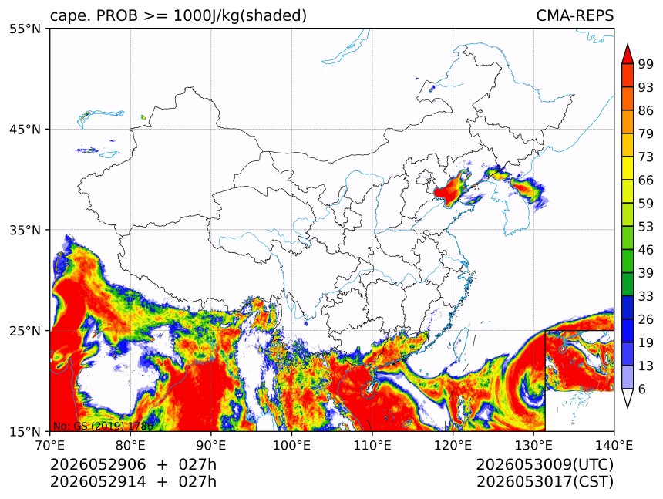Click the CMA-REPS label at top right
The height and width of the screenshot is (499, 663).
click(574, 15)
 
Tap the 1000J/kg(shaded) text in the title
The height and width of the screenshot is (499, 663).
click(240, 16)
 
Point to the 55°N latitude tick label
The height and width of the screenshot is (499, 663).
click(25, 29)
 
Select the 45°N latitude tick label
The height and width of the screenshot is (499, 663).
click(25, 129)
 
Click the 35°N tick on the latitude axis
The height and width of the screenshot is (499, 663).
click(25, 230)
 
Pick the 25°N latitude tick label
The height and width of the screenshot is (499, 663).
click(25, 331)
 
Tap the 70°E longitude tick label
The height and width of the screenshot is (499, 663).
click(49, 445)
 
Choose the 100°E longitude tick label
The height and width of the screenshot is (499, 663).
click(291, 445)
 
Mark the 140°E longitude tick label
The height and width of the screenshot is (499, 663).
click(614, 445)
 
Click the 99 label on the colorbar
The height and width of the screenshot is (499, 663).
click(646, 64)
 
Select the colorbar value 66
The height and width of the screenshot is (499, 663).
click(646, 180)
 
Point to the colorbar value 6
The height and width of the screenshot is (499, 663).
click(642, 389)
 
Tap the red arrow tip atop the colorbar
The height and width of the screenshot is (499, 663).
click(628, 44)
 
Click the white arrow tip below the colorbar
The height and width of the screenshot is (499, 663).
click(628, 408)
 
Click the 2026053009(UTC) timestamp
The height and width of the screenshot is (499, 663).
click(544, 464)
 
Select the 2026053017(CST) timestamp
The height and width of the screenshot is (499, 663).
click(544, 482)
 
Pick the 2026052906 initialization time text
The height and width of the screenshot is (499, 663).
click(98, 464)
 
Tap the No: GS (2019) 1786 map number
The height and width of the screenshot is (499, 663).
click(103, 426)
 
